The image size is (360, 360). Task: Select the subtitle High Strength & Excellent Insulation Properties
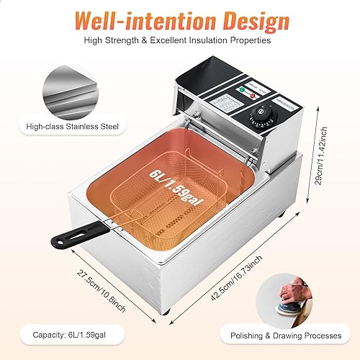click(x=180, y=40)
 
